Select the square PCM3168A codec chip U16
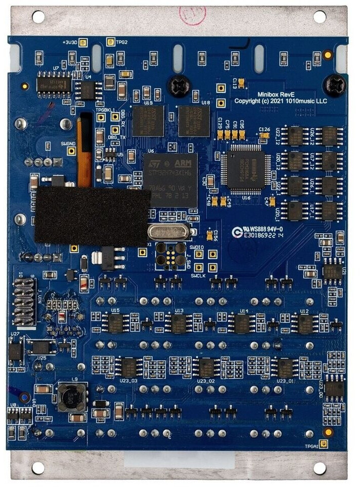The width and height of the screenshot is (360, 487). (245, 169)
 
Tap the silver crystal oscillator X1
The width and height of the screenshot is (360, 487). (169, 232)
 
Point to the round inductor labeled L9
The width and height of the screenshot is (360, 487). (69, 397)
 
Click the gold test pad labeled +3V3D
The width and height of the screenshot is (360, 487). (84, 43)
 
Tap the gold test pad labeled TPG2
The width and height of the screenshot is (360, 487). (111, 42)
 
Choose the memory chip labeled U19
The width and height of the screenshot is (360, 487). (148, 120)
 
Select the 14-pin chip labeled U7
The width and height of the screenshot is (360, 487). (53, 82)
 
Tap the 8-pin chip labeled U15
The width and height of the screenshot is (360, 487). (116, 323)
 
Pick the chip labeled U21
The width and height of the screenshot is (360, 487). (333, 271)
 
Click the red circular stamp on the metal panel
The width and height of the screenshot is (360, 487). (196, 15)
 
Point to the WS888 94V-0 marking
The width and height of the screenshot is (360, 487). (265, 229)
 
